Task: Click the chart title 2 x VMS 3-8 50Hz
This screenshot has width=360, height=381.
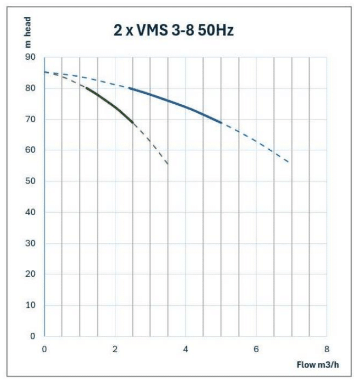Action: pyautogui.click(x=174, y=31)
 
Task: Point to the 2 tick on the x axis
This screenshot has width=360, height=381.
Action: pyautogui.click(x=115, y=349)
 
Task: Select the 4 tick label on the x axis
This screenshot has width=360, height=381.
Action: pyautogui.click(x=185, y=349)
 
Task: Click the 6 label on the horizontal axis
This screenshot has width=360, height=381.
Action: pyautogui.click(x=256, y=349)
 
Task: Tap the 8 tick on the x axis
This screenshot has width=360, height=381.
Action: pyautogui.click(x=327, y=349)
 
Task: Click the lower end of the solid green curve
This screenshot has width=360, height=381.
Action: pyautogui.click(x=133, y=122)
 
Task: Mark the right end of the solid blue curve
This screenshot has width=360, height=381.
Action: pyautogui.click(x=221, y=123)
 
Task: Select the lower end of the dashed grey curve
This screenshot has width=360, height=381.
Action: pyautogui.click(x=167, y=164)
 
